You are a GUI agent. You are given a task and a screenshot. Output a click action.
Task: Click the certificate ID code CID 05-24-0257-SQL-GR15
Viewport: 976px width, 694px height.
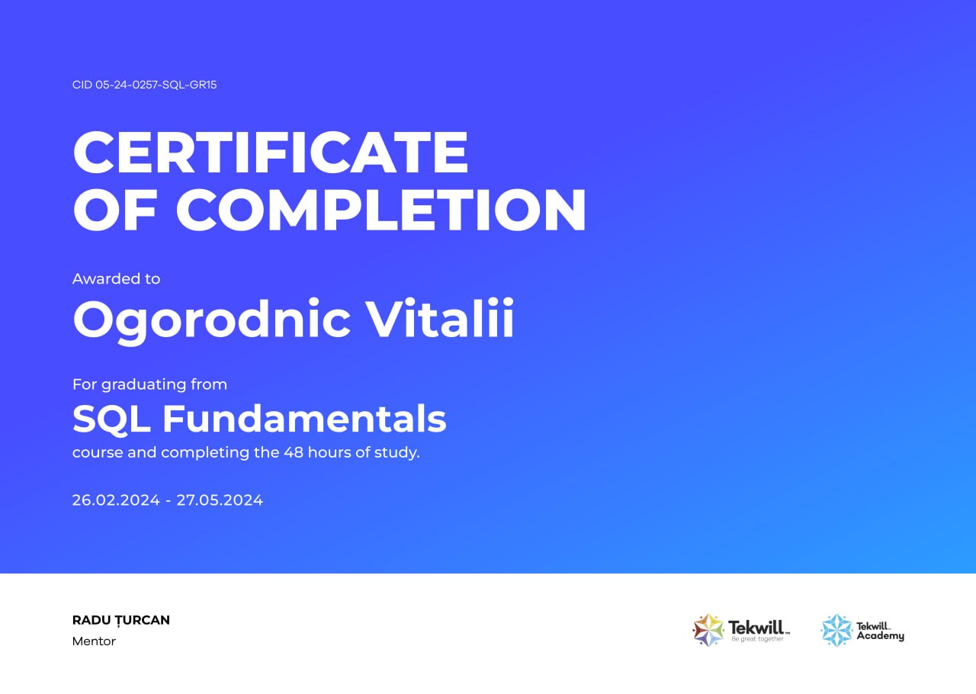coord(144,85)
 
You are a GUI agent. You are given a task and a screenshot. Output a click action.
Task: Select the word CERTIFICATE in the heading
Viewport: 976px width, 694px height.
coord(271,153)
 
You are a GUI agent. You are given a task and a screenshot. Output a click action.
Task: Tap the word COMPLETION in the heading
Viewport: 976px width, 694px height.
coord(380,210)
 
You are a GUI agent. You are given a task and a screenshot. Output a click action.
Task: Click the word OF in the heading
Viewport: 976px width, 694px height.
coord(115,210)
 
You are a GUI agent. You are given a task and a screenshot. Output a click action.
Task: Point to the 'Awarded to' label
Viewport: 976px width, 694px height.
coord(117,278)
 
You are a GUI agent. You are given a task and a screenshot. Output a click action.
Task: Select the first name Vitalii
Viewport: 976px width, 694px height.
coord(440,318)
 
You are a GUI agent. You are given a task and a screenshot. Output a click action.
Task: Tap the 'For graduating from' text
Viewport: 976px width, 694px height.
coord(149,384)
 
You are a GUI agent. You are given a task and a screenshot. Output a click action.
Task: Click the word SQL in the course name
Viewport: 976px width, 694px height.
coord(111,419)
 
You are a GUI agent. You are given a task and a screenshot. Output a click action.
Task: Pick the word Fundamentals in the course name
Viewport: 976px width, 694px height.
coord(304,419)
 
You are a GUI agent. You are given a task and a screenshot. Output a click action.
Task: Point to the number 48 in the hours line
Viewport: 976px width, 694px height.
coord(294,452)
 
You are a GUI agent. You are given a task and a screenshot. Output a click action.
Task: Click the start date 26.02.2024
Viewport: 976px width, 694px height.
coord(116,500)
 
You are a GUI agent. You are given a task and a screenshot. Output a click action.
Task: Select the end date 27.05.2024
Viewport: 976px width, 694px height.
coord(220,500)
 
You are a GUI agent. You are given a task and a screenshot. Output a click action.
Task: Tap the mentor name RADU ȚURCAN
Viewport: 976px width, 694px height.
coord(121,620)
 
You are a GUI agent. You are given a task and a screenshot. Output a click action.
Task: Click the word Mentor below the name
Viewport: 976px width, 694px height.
coord(94,641)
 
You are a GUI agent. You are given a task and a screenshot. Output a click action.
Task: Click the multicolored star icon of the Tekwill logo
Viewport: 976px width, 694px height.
coord(708,631)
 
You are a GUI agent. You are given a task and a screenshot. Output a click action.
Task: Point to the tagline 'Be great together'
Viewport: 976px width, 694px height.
coord(757,639)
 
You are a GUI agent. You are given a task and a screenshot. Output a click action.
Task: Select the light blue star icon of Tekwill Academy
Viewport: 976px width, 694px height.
coord(836,631)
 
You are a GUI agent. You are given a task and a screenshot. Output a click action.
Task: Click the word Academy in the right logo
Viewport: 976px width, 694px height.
coord(880,636)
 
